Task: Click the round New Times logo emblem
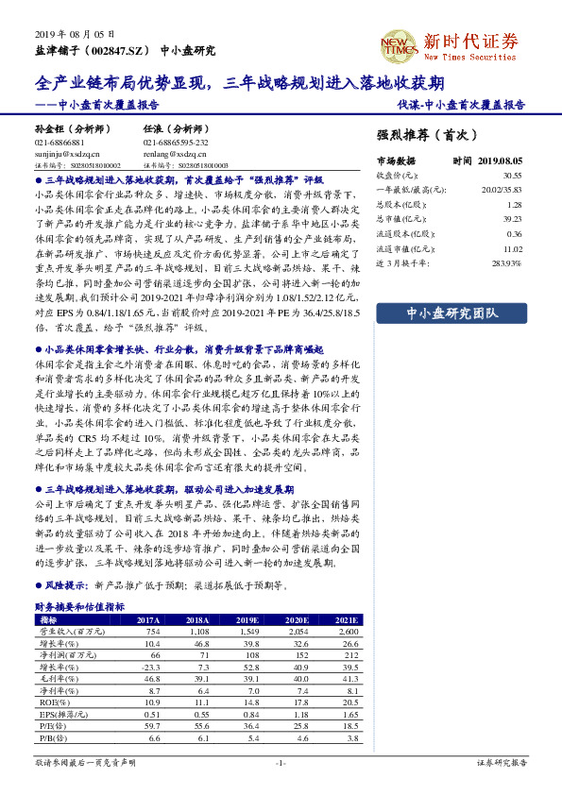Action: pos(398,42)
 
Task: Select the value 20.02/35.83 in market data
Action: pos(502,190)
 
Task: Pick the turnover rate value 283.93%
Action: pos(504,262)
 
